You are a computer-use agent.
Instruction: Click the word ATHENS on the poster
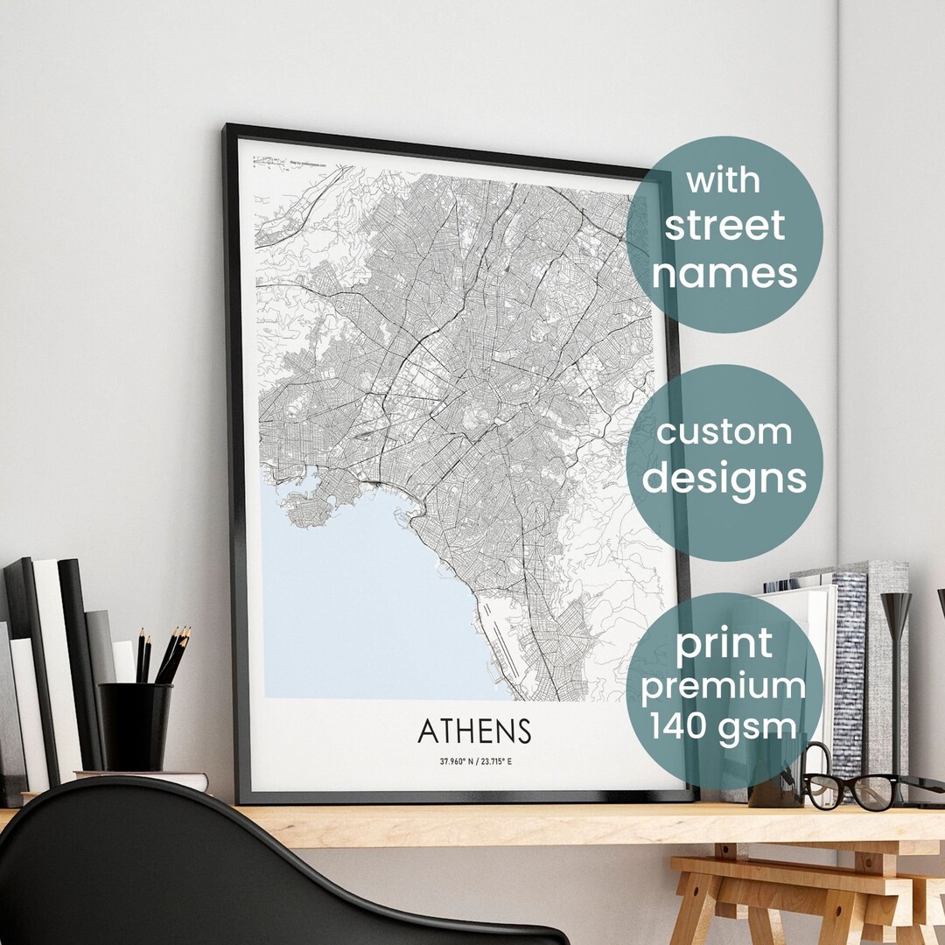pyautogui.click(x=474, y=731)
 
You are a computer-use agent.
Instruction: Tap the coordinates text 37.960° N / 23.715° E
pyautogui.click(x=476, y=761)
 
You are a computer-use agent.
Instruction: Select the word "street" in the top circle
pyautogui.click(x=724, y=226)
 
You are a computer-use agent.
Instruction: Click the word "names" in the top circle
pyautogui.click(x=724, y=272)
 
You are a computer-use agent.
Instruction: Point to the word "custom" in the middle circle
pyautogui.click(x=724, y=431)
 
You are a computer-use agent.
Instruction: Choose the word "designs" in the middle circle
pyautogui.click(x=724, y=478)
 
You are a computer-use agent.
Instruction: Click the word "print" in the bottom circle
pyautogui.click(x=724, y=645)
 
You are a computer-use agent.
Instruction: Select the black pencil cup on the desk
pyautogui.click(x=135, y=726)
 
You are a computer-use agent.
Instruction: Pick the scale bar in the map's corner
pyautogui.click(x=269, y=162)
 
